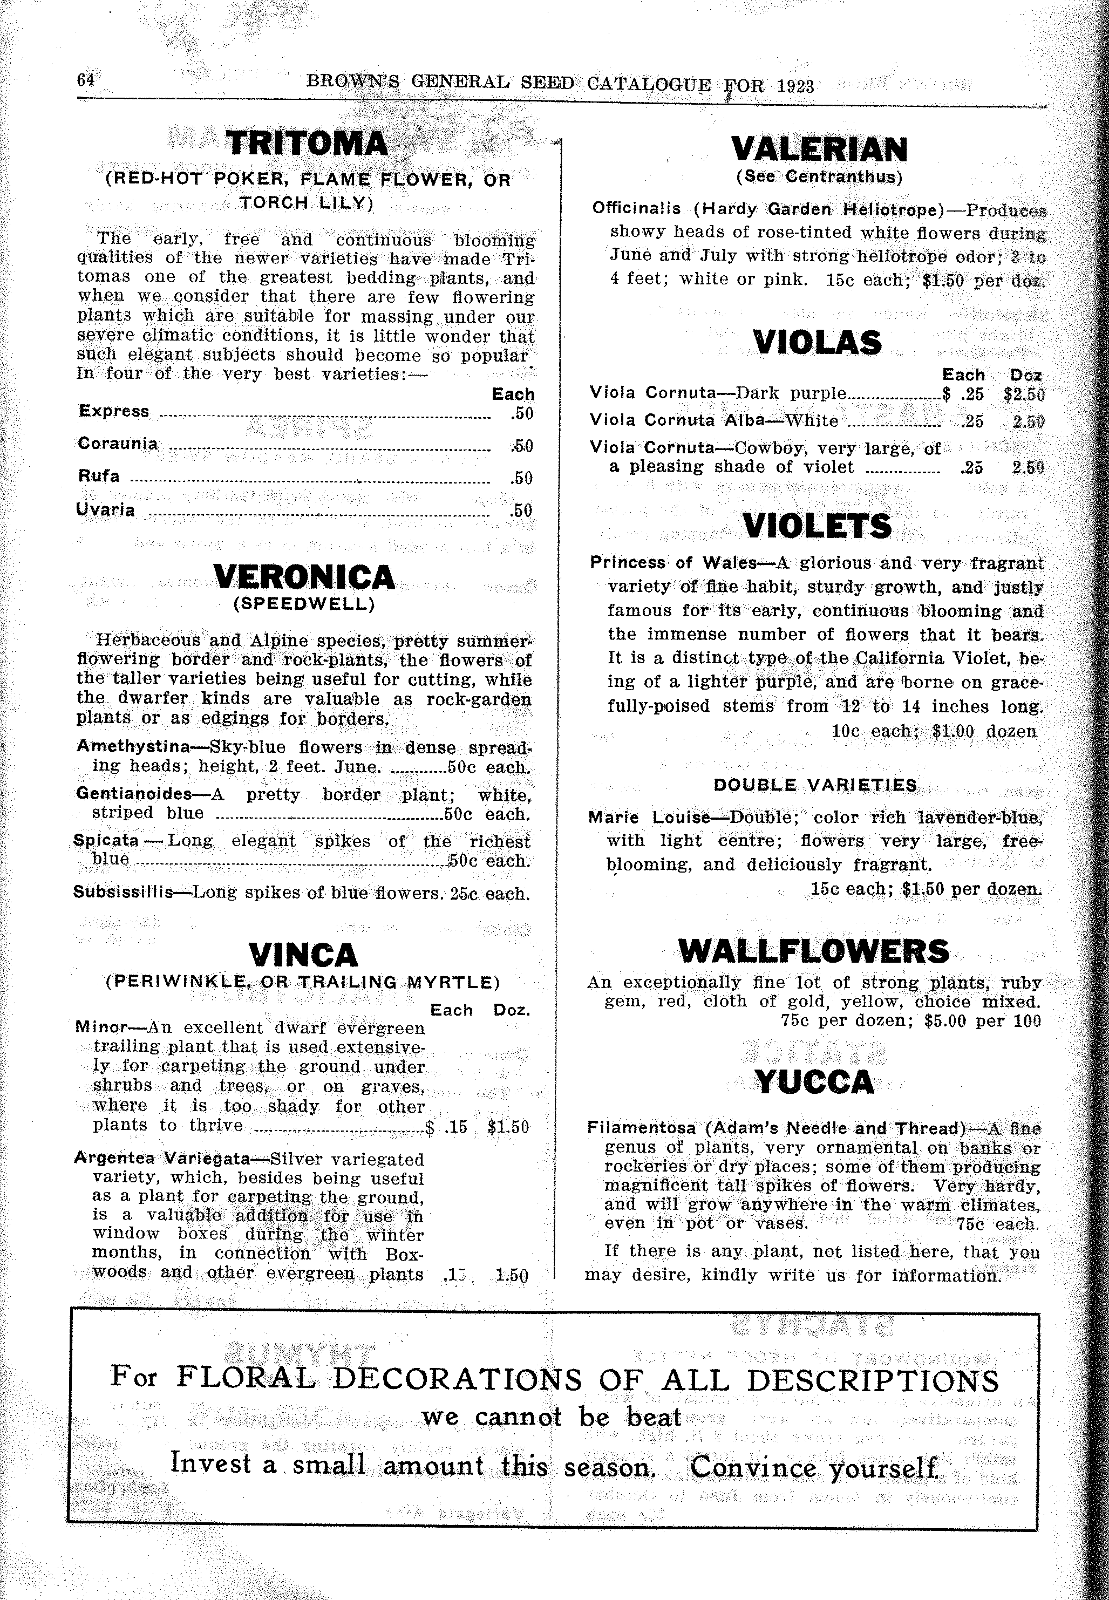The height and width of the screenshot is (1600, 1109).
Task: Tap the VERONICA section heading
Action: (304, 577)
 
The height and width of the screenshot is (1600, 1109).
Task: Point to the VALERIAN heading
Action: (819, 149)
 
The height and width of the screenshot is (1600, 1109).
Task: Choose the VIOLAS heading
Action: (817, 343)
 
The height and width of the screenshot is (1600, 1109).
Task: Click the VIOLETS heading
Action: (817, 526)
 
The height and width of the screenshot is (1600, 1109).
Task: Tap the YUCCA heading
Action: (814, 1082)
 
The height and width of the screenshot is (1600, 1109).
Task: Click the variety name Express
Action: (114, 411)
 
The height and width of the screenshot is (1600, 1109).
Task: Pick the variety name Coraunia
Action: (118, 443)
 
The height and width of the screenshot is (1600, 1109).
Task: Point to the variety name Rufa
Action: (99, 476)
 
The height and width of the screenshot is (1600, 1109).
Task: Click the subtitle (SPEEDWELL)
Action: (304, 604)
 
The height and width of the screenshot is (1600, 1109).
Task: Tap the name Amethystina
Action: (133, 747)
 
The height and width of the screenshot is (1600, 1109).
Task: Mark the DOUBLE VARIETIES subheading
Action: (815, 785)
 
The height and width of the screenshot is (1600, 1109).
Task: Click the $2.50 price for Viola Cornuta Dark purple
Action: (1024, 394)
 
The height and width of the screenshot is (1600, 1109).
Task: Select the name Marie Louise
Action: (649, 818)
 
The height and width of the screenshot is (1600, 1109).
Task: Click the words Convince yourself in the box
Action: (814, 1467)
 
